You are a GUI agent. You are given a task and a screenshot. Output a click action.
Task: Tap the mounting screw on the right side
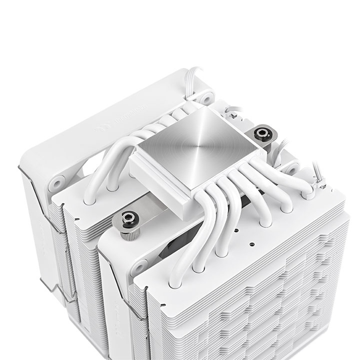[x=261, y=133]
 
